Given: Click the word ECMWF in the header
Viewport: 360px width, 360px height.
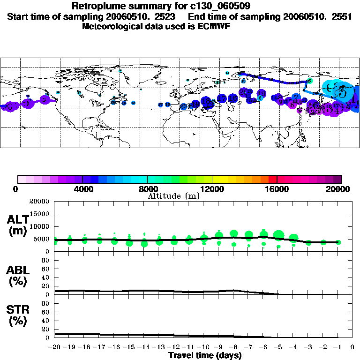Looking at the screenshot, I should click(x=213, y=26).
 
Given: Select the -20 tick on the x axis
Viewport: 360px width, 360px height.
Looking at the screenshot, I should click(x=55, y=347).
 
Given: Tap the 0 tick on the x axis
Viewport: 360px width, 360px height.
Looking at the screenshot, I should click(x=352, y=347).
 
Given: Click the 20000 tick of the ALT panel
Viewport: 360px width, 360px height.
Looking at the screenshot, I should click(x=40, y=202).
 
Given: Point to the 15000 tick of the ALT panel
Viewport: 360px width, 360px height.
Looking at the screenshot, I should click(x=40, y=214).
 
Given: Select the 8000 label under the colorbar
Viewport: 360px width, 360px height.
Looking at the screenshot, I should click(x=147, y=189).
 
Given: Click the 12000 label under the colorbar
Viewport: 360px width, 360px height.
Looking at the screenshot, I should click(x=212, y=189).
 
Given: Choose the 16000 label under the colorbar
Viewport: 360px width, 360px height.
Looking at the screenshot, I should click(x=277, y=189).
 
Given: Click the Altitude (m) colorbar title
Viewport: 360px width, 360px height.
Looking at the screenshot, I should click(x=173, y=196).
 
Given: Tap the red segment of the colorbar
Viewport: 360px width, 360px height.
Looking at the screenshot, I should click(x=272, y=179).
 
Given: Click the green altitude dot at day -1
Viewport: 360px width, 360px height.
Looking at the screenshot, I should click(x=338, y=242).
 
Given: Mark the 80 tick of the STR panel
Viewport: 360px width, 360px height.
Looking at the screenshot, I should click(x=47, y=303).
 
